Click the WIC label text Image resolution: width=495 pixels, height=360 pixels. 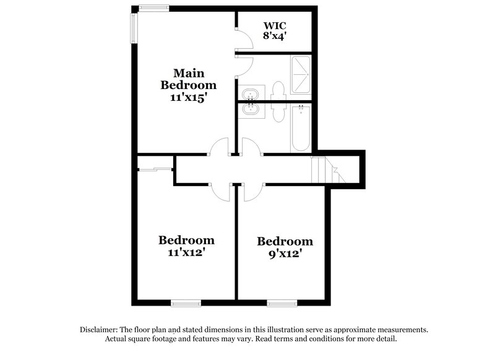(274, 25)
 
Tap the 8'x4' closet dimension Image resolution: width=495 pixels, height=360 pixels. (274, 36)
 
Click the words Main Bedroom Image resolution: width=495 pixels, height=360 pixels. (189, 79)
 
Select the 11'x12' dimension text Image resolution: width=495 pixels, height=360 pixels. (186, 252)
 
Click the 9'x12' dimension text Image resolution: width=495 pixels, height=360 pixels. (285, 254)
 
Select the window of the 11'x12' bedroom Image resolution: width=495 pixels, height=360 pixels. (186, 303)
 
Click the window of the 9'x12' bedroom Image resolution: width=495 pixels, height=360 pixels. (284, 303)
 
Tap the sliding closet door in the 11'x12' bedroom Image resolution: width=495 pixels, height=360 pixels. (155, 168)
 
